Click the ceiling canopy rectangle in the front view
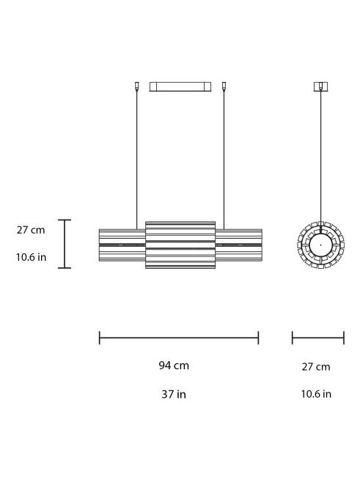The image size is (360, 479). click(180, 86)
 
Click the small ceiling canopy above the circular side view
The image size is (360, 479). click(320, 86)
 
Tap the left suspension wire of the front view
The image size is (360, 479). click(137, 161)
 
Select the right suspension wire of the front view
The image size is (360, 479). click(224, 161)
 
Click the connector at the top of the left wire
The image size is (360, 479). click(137, 85)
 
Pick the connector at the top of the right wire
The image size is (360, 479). click(224, 85)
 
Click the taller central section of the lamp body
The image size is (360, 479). click(180, 245)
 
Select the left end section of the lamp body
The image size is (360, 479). click(122, 245)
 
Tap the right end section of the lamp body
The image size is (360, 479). click(239, 245)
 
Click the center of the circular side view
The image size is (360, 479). click(320, 244)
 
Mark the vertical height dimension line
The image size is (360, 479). click(65, 244)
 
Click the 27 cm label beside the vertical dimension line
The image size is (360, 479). click(31, 230)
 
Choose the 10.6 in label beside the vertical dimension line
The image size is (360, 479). click(32, 257)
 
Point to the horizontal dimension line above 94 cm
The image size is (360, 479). click(179, 338)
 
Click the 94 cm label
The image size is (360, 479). click(174, 365)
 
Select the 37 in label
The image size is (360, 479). click(174, 394)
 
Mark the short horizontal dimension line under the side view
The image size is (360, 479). click(317, 338)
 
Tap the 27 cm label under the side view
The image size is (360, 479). click(316, 366)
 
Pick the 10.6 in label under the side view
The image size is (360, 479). click(316, 394)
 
